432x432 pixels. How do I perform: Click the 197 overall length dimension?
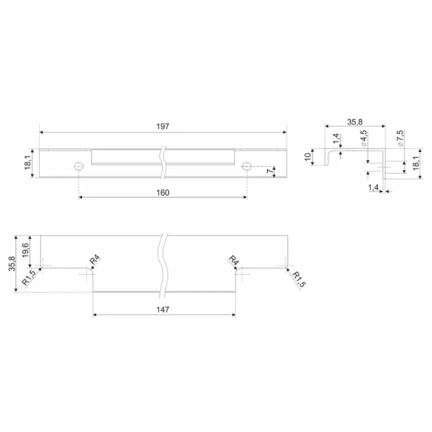[163, 127]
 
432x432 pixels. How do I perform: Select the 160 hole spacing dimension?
[163, 192]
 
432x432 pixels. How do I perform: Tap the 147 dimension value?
[163, 310]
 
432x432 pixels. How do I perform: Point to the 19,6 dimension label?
[25, 250]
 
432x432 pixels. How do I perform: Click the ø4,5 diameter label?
[364, 138]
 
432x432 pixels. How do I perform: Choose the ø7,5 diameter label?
[400, 138]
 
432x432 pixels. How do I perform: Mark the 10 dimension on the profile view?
[307, 157]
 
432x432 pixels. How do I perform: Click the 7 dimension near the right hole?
[270, 171]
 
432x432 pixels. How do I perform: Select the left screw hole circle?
[78, 166]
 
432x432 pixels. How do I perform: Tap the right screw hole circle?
[246, 166]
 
